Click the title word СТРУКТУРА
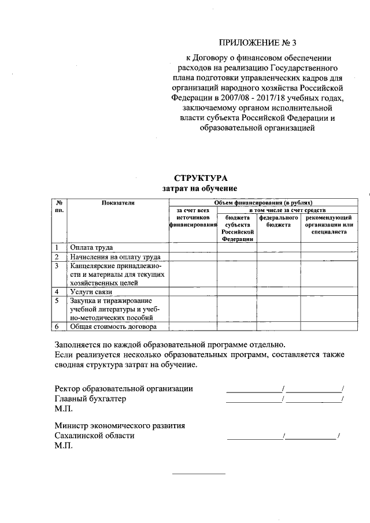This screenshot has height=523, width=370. [199, 178]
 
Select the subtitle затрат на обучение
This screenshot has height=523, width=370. [199, 188]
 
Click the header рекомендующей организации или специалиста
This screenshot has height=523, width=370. [327, 225]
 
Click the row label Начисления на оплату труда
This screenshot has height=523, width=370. [114, 257]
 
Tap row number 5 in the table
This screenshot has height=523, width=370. [57, 301]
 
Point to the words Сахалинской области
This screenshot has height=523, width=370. [94, 436]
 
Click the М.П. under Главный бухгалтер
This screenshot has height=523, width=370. [61, 409]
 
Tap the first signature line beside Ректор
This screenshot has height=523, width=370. [253, 391]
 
